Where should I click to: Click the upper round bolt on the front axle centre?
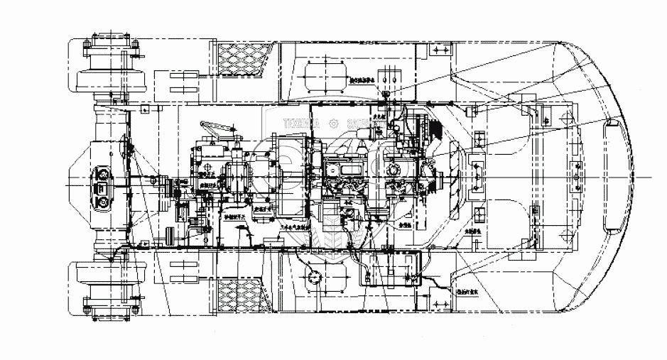(x=101, y=172)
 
